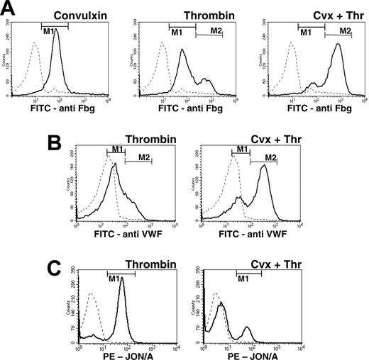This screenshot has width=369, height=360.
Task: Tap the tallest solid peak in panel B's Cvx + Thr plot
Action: pyautogui.click(x=264, y=166)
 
